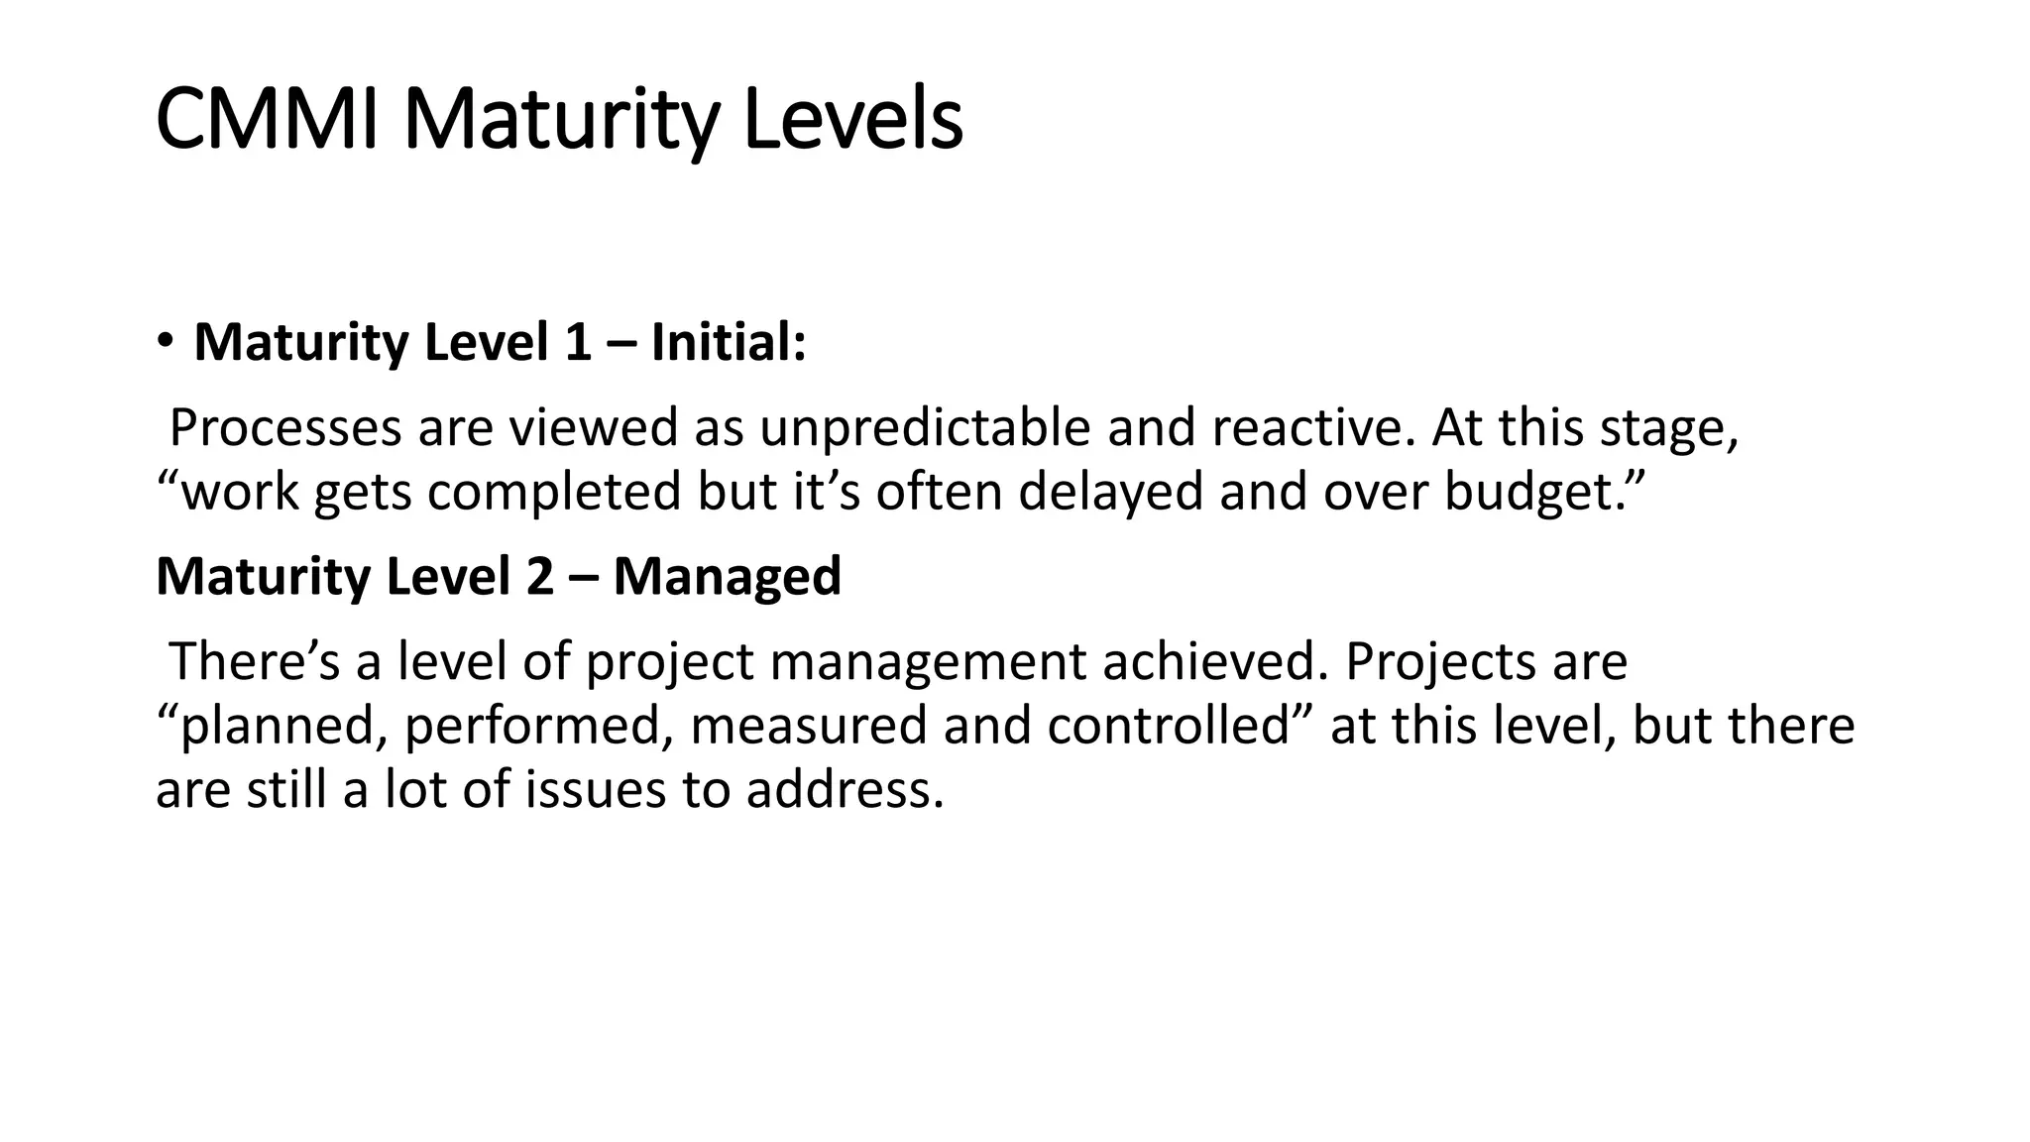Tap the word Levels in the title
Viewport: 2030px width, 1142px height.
(x=852, y=120)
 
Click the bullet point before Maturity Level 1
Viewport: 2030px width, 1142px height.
(x=165, y=343)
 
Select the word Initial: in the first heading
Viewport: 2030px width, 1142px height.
(x=729, y=343)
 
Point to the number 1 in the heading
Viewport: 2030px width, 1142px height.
(x=578, y=343)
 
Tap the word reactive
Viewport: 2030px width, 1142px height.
(x=1312, y=428)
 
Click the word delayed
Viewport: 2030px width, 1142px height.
(x=1110, y=492)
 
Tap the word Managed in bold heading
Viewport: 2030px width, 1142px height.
(x=727, y=577)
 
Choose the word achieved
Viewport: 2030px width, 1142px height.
(x=1214, y=661)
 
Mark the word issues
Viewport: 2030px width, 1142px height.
(x=596, y=790)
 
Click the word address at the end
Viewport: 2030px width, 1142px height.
(x=844, y=790)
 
